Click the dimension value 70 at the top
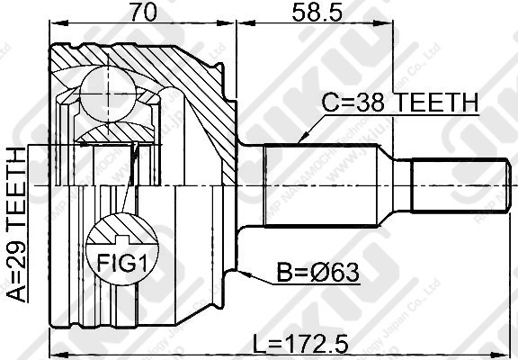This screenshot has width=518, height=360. point(140,13)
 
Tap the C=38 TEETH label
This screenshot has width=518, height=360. point(400,104)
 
